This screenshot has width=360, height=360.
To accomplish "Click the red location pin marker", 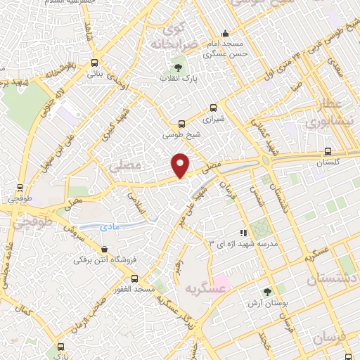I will tap(181, 165).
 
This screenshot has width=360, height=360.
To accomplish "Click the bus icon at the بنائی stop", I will tap(95, 63).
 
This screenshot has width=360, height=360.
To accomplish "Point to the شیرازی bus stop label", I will tap(214, 119).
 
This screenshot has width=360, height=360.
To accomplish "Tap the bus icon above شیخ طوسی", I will tap(182, 122).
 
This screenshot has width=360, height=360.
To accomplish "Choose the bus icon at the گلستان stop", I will tap(328, 151).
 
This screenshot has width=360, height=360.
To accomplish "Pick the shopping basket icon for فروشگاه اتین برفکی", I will tap(105, 248).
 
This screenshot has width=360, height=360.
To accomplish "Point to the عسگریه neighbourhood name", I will tap(205, 288).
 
